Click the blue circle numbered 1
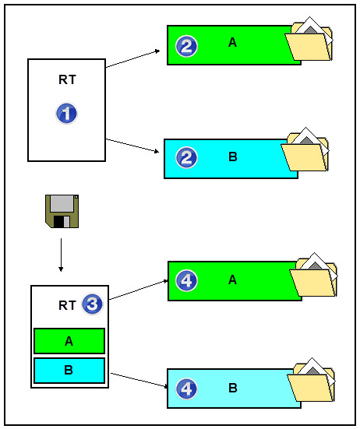point(67,114)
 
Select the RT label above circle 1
point(67,79)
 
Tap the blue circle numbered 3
point(92,304)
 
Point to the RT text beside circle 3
point(68,305)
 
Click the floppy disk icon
point(61,212)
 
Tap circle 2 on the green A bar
point(186,46)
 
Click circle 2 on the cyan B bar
point(186,158)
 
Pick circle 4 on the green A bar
point(186,280)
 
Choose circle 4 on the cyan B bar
point(186,387)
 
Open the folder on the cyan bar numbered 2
point(305,152)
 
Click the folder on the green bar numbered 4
point(313,276)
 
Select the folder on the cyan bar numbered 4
point(310,382)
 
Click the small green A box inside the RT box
point(69,341)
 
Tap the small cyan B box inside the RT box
point(69,369)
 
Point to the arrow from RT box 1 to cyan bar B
point(133,146)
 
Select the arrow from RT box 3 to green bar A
point(138,290)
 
